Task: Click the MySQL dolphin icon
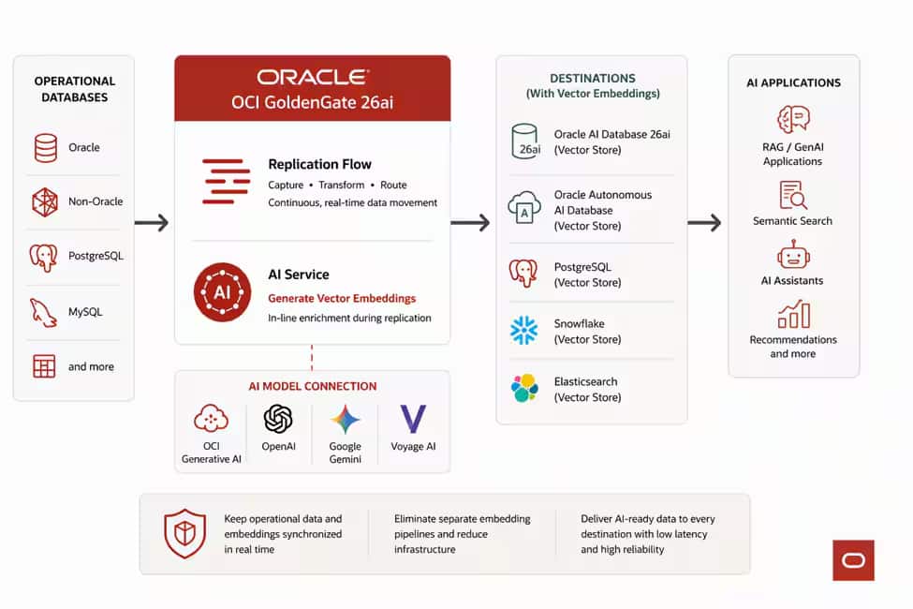pyautogui.click(x=44, y=313)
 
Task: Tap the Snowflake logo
pyautogui.click(x=524, y=331)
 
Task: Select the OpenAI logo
pyautogui.click(x=278, y=419)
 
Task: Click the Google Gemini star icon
pyautogui.click(x=346, y=419)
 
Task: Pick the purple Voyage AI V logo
pyautogui.click(x=413, y=419)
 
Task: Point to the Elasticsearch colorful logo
pyautogui.click(x=524, y=388)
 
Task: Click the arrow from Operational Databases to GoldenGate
pyautogui.click(x=152, y=222)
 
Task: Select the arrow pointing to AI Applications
pyautogui.click(x=704, y=222)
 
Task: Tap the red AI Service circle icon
pyautogui.click(x=223, y=292)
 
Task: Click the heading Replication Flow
pyautogui.click(x=319, y=164)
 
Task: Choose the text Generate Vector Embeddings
pyautogui.click(x=342, y=298)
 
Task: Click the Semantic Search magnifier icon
pyautogui.click(x=793, y=195)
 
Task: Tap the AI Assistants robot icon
pyautogui.click(x=793, y=254)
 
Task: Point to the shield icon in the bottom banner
pyautogui.click(x=185, y=533)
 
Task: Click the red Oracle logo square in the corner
pyautogui.click(x=854, y=560)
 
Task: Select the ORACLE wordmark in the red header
pyautogui.click(x=313, y=77)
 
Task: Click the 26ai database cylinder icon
pyautogui.click(x=525, y=141)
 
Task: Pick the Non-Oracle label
pyautogui.click(x=96, y=201)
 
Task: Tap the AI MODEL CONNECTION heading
pyautogui.click(x=313, y=386)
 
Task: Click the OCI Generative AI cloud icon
pyautogui.click(x=211, y=418)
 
